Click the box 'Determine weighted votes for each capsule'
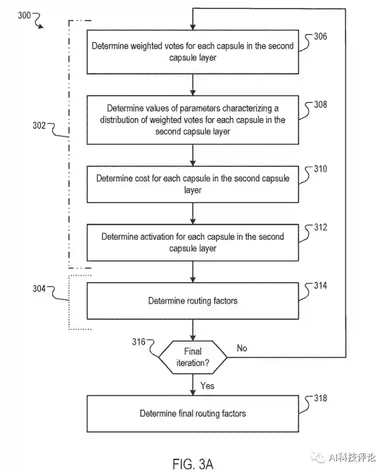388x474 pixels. [x=193, y=51]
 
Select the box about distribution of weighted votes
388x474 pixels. [x=193, y=120]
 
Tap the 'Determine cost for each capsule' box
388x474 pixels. [x=193, y=184]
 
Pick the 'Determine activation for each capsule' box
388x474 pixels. [x=193, y=242]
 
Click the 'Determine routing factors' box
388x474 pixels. [x=193, y=301]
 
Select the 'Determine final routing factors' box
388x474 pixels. [x=193, y=414]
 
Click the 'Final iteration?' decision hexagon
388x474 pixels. [x=193, y=357]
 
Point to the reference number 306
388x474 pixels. [x=320, y=36]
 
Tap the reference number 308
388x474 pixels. [x=320, y=104]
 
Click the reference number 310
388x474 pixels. [x=320, y=169]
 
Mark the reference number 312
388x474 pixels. [x=320, y=227]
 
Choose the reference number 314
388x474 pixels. [x=320, y=286]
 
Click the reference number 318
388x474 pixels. [x=320, y=398]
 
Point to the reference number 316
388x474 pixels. [x=139, y=342]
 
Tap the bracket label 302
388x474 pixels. [x=39, y=126]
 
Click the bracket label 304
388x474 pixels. [x=39, y=289]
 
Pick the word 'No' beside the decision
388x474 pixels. [x=242, y=348]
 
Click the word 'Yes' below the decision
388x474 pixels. [x=207, y=386]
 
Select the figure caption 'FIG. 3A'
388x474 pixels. [x=193, y=464]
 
